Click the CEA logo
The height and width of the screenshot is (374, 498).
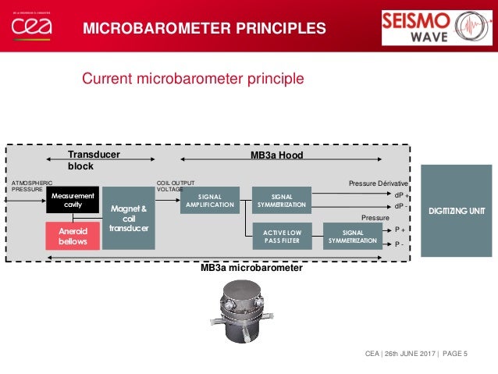click(32, 26)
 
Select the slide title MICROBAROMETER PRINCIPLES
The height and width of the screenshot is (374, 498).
click(205, 30)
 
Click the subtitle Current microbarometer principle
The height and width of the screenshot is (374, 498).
click(193, 79)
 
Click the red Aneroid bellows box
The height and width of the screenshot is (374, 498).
click(73, 236)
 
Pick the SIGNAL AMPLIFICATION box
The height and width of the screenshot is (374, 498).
click(210, 201)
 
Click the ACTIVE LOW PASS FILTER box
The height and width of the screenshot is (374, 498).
click(281, 237)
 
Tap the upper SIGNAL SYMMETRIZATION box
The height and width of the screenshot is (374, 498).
click(281, 201)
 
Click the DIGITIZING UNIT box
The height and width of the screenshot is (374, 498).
click(457, 211)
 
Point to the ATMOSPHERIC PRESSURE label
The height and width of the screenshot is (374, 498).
click(32, 186)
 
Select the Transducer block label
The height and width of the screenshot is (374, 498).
click(94, 161)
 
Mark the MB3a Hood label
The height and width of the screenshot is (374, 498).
click(276, 156)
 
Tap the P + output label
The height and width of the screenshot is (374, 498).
click(399, 230)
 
